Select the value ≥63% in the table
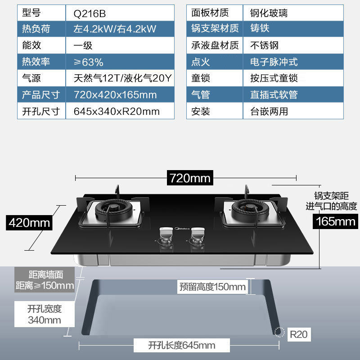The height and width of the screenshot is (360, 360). tap(88, 62)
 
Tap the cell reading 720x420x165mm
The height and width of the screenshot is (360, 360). tap(115, 95)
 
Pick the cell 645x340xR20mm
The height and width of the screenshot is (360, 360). tap(116, 112)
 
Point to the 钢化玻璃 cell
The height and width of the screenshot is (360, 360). tap(269, 13)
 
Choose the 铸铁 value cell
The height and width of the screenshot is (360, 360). tap(260, 29)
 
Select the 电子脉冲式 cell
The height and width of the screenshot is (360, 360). tap(274, 62)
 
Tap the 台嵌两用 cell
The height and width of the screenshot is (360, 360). tap(269, 111)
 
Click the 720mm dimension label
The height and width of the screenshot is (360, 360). tap(190, 178)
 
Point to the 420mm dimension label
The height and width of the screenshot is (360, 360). tap(29, 222)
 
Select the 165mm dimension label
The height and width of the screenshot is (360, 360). tap(336, 221)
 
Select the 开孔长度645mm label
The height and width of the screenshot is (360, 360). tap(181, 346)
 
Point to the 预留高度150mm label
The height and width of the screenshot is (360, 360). tap(212, 287)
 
